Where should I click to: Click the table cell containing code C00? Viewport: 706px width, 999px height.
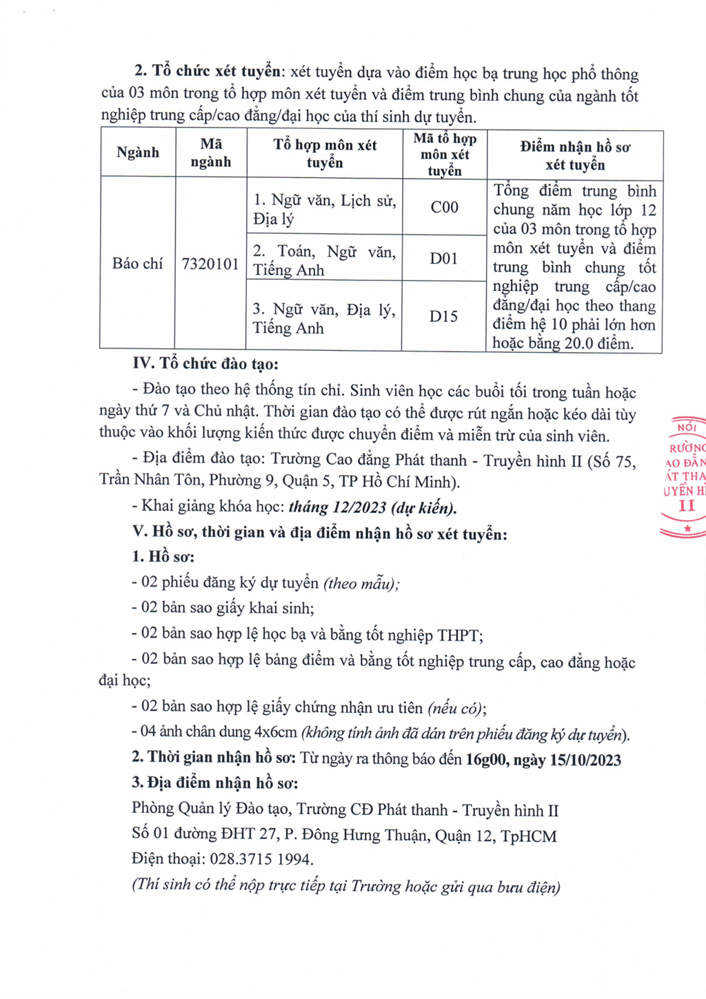444,207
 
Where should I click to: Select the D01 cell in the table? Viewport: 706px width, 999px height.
443,259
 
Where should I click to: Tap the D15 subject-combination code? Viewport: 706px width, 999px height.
443,316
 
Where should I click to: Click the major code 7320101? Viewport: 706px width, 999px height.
210,264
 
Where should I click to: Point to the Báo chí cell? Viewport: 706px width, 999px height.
137,264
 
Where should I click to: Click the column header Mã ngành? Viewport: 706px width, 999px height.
211,153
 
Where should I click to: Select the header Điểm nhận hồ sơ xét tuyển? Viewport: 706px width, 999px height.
575,156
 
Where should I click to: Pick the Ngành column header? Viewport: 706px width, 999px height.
137,153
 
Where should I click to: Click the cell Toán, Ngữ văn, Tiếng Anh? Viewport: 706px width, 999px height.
324,261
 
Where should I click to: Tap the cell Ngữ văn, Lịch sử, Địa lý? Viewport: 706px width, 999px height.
324,210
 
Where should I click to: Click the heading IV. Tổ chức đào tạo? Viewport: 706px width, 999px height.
205,364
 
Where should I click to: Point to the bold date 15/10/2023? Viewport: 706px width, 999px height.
585,760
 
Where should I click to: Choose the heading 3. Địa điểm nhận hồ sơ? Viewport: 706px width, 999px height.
215,784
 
